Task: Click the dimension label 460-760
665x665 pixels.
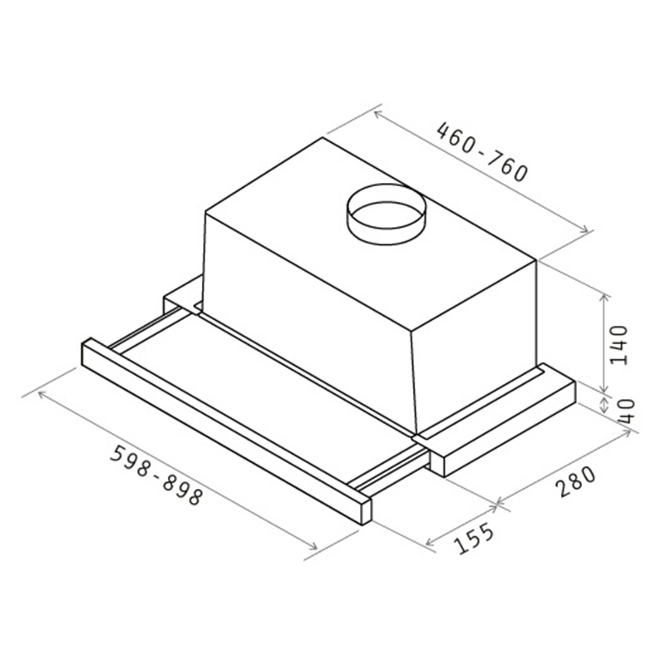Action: (483, 151)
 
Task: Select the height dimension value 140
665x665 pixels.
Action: (618, 344)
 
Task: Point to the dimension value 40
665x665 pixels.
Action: (627, 411)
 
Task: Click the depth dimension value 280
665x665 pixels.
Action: (576, 481)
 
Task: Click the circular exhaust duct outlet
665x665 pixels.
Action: (385, 214)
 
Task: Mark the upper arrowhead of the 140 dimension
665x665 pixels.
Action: (604, 296)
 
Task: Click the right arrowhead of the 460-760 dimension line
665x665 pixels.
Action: (585, 230)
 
